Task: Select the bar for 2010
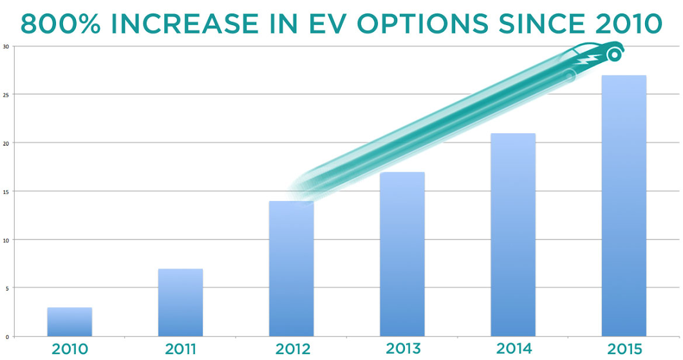[70, 321]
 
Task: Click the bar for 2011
[180, 302]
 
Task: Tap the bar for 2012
[291, 269]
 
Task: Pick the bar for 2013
[402, 254]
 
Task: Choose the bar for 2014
[513, 234]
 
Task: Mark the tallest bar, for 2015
[624, 205]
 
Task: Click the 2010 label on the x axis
[70, 349]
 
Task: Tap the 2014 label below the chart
[513, 349]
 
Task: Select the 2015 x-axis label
[624, 349]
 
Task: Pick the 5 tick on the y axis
[6, 288]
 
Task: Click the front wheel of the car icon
[614, 55]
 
